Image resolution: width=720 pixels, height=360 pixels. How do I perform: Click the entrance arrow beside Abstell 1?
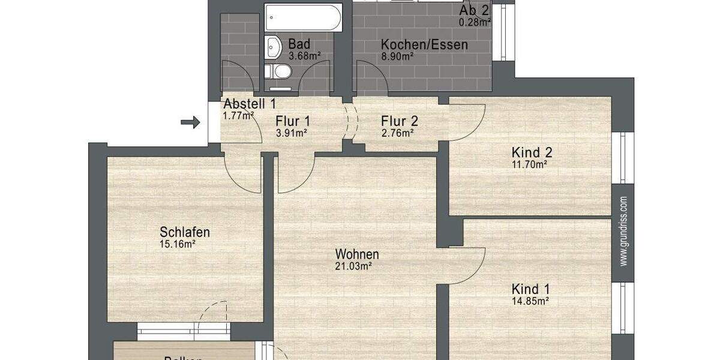[x=190, y=122]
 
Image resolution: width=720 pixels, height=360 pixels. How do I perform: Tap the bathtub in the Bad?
[x=304, y=18]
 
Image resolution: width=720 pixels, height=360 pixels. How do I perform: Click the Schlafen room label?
[x=185, y=232]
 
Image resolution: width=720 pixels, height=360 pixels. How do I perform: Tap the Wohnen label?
[x=357, y=254]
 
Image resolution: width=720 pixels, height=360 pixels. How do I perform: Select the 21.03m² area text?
[x=353, y=266]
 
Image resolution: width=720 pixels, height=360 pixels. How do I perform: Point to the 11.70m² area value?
[x=528, y=163]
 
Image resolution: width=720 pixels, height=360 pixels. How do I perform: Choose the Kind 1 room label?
[x=531, y=289]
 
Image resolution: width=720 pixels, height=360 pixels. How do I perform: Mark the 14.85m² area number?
[x=530, y=301]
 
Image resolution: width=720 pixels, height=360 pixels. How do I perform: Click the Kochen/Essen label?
[x=424, y=44]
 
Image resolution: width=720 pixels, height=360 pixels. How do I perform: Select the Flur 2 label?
[x=400, y=121]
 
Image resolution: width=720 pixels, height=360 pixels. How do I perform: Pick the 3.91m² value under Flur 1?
[x=291, y=133]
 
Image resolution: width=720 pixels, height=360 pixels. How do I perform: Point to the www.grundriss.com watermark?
[x=623, y=231]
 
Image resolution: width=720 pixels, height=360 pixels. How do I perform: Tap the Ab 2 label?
[x=475, y=11]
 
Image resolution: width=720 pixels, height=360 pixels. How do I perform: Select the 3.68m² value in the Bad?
[x=304, y=56]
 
